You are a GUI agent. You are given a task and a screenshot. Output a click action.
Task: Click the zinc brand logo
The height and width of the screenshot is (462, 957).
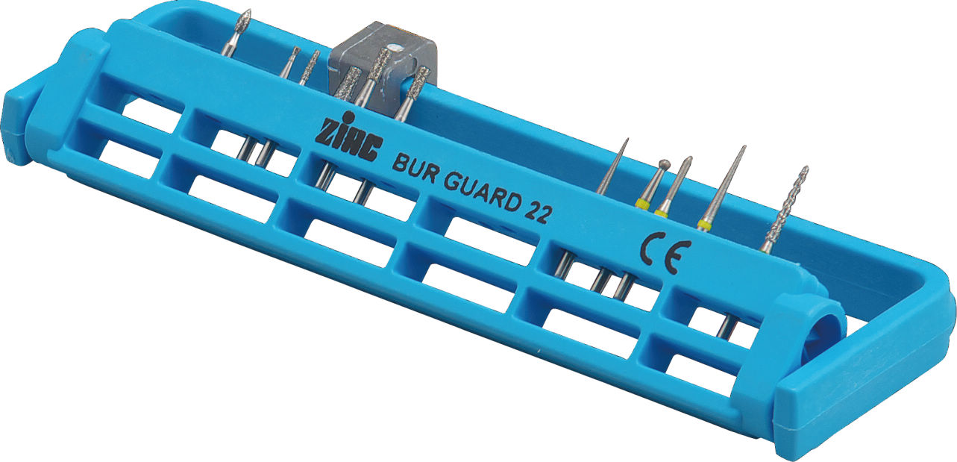(349, 138)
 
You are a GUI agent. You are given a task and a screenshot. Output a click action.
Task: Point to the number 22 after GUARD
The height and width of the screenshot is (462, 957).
(537, 212)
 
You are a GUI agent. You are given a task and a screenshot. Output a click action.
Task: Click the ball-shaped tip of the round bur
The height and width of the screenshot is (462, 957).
(664, 163)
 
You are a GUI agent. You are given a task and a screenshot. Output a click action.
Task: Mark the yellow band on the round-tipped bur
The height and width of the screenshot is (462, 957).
(642, 204)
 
